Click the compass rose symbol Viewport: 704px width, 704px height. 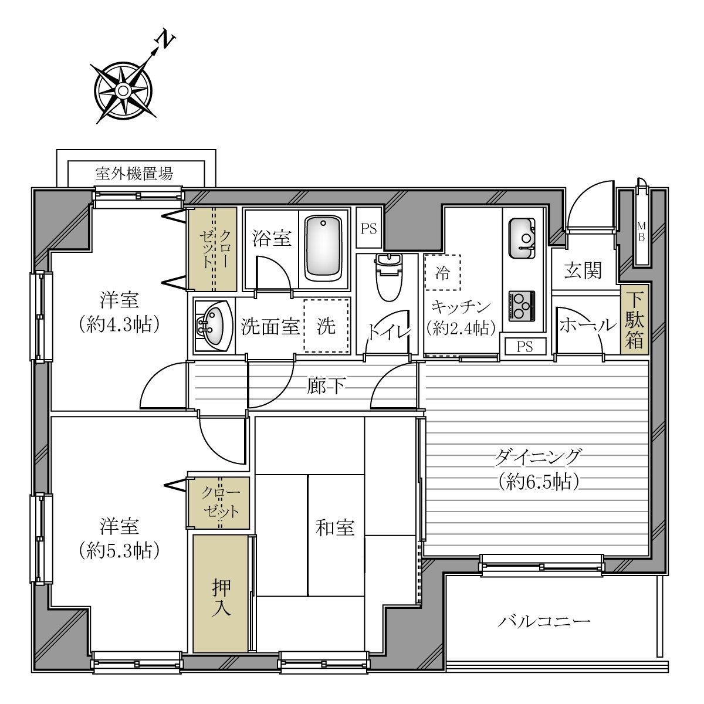[x=123, y=90]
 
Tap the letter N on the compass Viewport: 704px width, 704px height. [x=166, y=40]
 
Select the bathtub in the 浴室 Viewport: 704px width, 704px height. [x=323, y=248]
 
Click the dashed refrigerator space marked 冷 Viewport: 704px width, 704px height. [x=442, y=273]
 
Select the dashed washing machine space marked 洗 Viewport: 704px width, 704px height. [x=327, y=326]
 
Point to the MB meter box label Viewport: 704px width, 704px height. [x=641, y=232]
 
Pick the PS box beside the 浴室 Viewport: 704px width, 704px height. [x=368, y=228]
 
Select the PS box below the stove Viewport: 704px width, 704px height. [x=525, y=346]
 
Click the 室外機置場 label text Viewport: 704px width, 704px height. [x=134, y=174]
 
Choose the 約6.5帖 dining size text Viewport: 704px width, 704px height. [x=539, y=482]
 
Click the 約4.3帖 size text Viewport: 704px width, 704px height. [x=120, y=324]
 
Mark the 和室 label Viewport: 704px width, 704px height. [x=335, y=528]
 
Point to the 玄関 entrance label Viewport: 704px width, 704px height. [x=583, y=270]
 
